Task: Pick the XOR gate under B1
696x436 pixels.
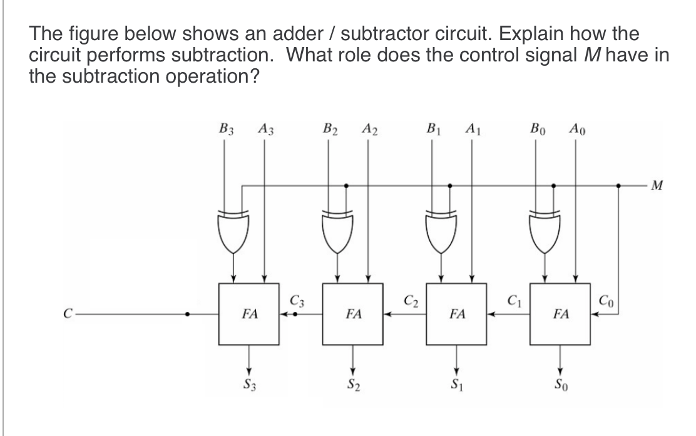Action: (443, 229)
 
